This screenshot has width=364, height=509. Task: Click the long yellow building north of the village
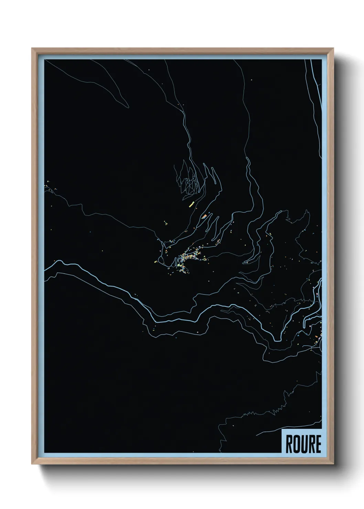point(192,205)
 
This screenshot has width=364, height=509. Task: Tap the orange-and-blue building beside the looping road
point(204,216)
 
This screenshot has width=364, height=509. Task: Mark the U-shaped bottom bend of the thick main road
point(277,339)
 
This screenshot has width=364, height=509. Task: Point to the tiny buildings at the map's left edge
point(48,186)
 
